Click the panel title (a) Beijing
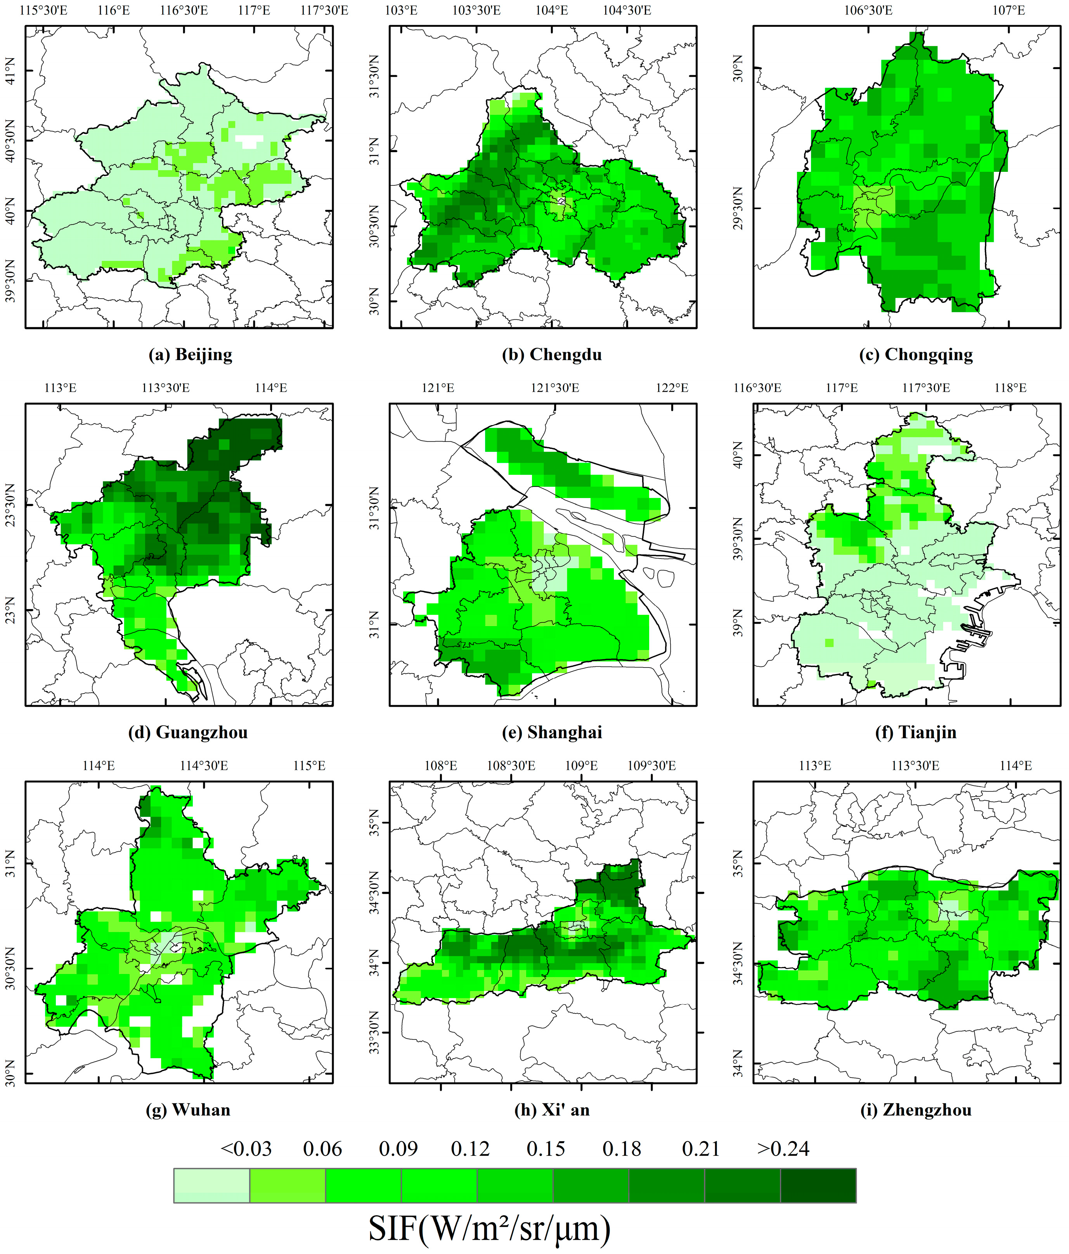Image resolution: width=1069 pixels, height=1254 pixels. point(190,354)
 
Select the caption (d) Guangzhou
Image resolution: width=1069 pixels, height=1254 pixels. point(188,732)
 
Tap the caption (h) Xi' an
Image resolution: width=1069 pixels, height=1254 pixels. point(551,1110)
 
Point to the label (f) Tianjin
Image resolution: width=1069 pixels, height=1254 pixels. point(915,732)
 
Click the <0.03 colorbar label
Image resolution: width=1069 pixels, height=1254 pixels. point(246,1149)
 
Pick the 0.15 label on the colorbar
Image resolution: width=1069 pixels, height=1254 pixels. point(546,1149)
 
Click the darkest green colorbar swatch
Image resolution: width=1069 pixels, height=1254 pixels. point(818,1185)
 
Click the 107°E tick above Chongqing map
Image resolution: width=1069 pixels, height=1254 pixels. point(1008,10)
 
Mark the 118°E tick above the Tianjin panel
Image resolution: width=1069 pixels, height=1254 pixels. point(1010,388)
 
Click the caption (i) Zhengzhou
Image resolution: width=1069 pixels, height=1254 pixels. point(915,1110)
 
